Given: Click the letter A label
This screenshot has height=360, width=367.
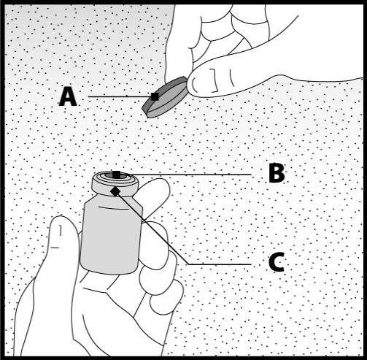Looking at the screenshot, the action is [x=68, y=96].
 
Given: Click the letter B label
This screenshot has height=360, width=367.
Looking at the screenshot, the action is [x=277, y=173].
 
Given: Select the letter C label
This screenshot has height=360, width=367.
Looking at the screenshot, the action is [x=277, y=262].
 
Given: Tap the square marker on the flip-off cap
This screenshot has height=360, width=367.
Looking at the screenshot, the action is [x=155, y=96].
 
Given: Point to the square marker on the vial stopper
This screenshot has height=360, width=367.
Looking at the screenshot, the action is [x=116, y=175].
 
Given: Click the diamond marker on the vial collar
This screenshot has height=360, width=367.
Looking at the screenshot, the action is [x=115, y=191].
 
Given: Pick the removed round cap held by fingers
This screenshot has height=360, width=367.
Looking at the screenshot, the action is [x=166, y=97].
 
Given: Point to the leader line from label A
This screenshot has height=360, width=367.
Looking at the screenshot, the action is [x=120, y=96].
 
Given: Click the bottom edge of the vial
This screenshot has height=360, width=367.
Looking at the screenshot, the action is [x=109, y=272].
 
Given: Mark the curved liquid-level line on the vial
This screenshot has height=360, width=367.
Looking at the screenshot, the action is [x=114, y=208].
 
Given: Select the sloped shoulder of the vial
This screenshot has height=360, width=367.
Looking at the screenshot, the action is [x=113, y=201].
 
